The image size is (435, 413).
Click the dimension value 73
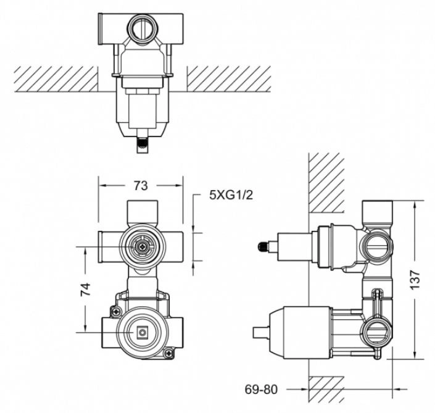[141, 185]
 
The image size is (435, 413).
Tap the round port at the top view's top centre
[141, 27]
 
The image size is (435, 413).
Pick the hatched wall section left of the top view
[56, 78]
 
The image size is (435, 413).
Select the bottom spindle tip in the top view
[142, 146]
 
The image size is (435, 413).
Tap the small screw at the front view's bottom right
[169, 354]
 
